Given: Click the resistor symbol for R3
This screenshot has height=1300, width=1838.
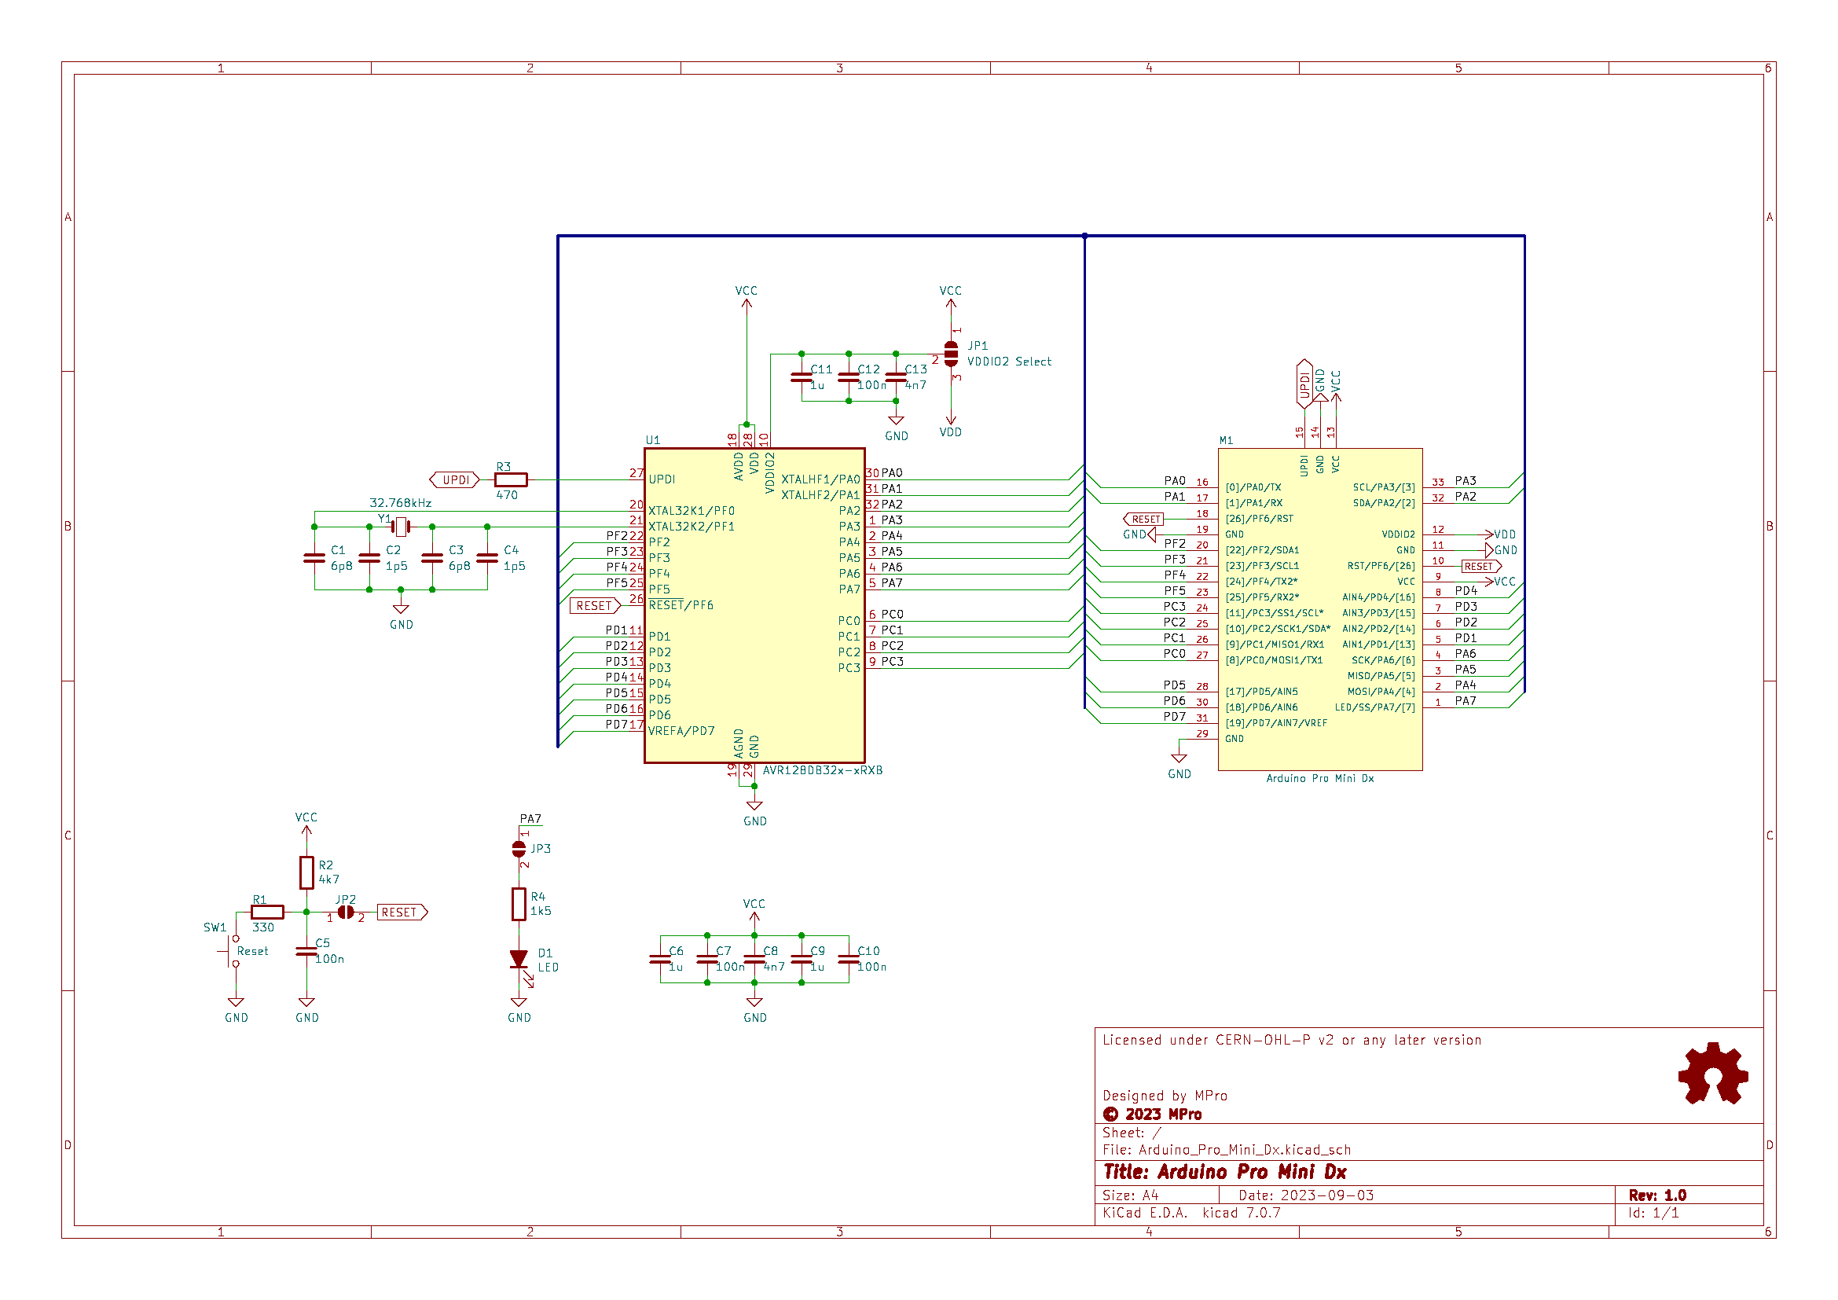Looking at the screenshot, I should tap(511, 480).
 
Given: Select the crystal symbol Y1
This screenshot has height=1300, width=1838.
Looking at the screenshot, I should tap(401, 527).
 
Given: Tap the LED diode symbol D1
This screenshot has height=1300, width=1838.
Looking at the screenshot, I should tap(519, 959).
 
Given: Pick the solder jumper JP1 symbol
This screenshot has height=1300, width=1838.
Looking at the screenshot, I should tap(951, 353).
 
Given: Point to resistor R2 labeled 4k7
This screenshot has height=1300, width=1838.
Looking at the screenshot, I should tap(306, 872).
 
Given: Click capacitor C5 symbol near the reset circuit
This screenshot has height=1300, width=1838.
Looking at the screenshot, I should tap(306, 951).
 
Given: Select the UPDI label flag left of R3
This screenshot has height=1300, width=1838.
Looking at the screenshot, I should tap(455, 480).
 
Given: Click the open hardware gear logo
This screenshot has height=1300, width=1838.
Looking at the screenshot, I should tap(1712, 1074).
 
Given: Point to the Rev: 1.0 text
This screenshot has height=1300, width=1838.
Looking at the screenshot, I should tap(1657, 1195).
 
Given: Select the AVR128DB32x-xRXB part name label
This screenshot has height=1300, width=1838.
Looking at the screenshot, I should tap(822, 770).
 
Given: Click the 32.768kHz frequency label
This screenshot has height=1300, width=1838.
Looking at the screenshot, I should tap(400, 503).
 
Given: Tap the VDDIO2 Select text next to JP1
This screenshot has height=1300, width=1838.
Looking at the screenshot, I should tap(1009, 362).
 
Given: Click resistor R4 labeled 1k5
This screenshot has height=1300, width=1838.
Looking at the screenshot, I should tap(519, 904).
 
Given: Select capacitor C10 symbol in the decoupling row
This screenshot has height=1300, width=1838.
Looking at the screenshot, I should tap(849, 959).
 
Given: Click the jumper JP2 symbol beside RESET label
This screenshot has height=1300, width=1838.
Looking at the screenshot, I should tap(346, 912).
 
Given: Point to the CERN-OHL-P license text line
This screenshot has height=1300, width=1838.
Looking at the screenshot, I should tap(1291, 1040).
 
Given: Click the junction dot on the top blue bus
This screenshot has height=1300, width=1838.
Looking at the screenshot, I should tap(1084, 236).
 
